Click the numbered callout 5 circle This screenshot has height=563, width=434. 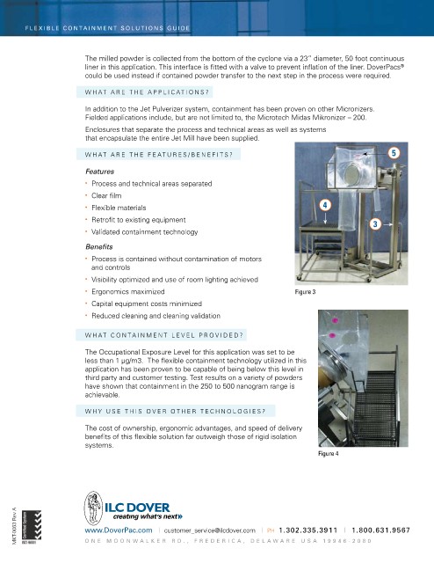394,153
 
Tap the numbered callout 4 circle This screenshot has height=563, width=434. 325,205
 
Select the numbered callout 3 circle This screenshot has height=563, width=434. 375,224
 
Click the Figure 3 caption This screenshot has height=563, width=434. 305,292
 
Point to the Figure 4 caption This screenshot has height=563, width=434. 329,454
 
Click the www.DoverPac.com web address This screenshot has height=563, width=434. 119,530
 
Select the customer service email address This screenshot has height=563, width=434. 209,530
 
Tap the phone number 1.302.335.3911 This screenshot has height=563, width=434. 307,530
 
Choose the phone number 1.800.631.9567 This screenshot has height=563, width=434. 380,530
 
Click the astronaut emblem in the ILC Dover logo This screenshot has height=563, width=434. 93,508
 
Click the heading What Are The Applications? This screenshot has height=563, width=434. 147,92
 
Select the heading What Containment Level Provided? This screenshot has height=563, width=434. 164,335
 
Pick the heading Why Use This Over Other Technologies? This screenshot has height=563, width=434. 175,411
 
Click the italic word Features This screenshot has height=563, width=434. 99,172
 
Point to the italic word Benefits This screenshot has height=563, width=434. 99,247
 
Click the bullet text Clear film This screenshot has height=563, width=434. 106,195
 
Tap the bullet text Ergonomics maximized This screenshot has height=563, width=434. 128,291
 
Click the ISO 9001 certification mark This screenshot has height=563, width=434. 32,526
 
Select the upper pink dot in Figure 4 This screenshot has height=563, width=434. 336,320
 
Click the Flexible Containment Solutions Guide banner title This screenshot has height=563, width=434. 107,28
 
